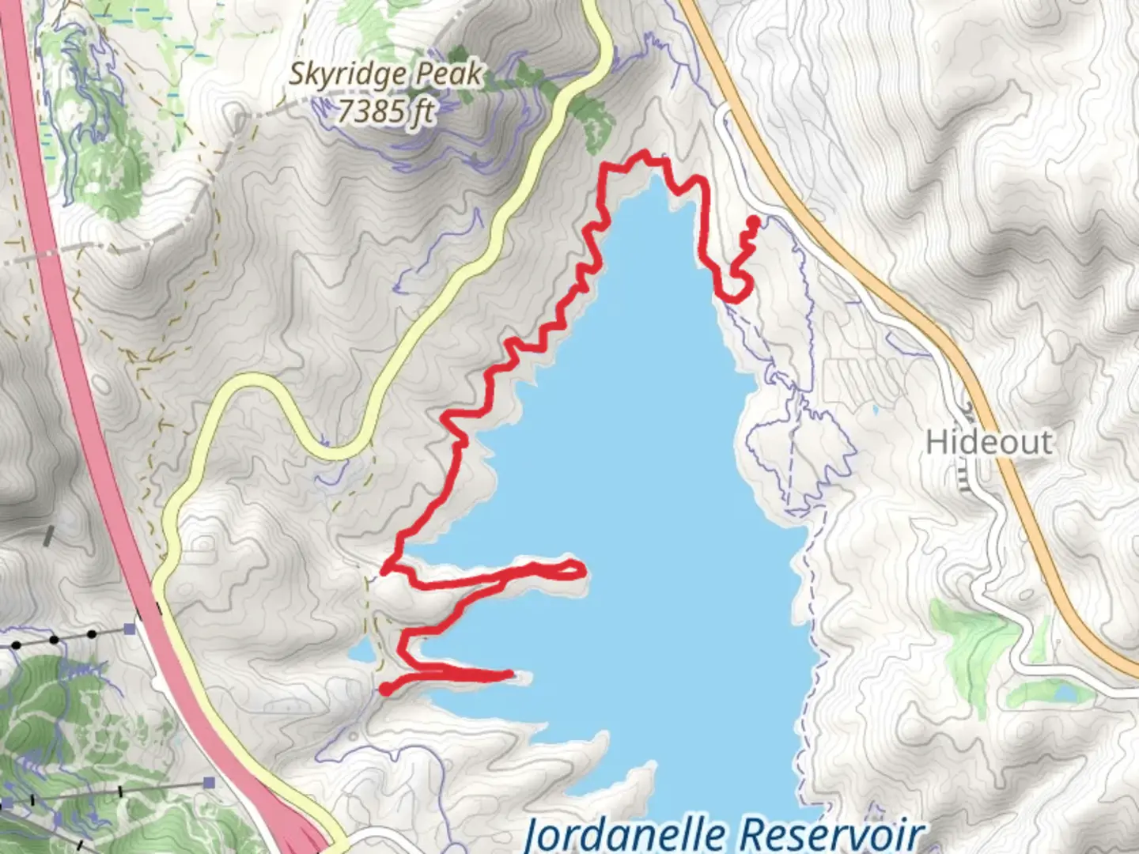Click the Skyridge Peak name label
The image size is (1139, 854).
click(384, 74)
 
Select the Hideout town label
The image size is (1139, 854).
click(989, 441)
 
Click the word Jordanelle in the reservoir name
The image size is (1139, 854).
click(626, 834)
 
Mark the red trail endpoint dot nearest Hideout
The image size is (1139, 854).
click(754, 221)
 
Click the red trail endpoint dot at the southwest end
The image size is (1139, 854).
click(385, 690)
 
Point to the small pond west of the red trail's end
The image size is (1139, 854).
click(361, 653)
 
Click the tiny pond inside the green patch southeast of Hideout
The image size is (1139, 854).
click(1064, 693)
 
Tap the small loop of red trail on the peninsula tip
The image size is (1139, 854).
click(571, 569)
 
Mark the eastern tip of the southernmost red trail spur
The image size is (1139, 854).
click(510, 675)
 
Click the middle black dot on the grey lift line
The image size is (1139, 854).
click(54, 639)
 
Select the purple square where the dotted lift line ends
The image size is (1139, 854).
click(130, 629)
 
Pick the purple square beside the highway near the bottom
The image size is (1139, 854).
click(209, 783)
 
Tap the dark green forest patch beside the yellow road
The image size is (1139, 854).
click(593, 119)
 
